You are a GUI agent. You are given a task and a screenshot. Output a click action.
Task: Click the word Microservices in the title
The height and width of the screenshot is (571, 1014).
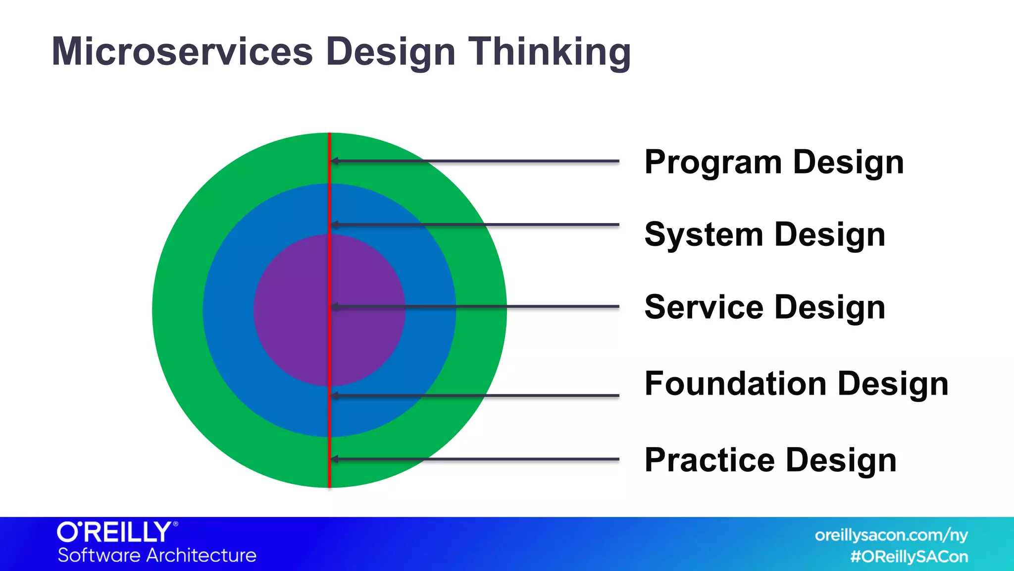(x=182, y=52)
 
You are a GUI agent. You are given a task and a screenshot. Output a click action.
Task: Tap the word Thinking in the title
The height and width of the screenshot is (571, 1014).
(x=550, y=53)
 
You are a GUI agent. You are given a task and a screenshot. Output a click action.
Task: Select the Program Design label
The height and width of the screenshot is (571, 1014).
(x=774, y=163)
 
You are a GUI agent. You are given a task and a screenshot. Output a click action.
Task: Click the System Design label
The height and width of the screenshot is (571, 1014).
(x=764, y=235)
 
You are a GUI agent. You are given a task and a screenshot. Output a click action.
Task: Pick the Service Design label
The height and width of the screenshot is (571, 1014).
(x=764, y=307)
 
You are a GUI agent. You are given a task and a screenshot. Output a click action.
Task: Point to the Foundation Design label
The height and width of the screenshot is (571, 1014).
(x=796, y=384)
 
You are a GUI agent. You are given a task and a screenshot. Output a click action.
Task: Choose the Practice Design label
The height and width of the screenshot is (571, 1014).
(x=770, y=460)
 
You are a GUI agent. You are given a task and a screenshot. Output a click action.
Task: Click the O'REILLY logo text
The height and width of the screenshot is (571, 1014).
(x=114, y=533)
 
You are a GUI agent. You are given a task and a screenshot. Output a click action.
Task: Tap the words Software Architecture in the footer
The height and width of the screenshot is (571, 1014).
(x=157, y=556)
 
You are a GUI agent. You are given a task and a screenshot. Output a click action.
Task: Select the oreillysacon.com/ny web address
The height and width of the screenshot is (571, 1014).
(x=891, y=535)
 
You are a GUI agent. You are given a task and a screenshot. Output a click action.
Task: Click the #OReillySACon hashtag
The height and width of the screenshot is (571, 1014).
(x=909, y=557)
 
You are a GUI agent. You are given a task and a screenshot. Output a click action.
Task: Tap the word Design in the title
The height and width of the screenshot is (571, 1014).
(x=390, y=53)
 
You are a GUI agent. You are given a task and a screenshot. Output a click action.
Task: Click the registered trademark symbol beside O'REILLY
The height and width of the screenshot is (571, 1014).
(x=175, y=524)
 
